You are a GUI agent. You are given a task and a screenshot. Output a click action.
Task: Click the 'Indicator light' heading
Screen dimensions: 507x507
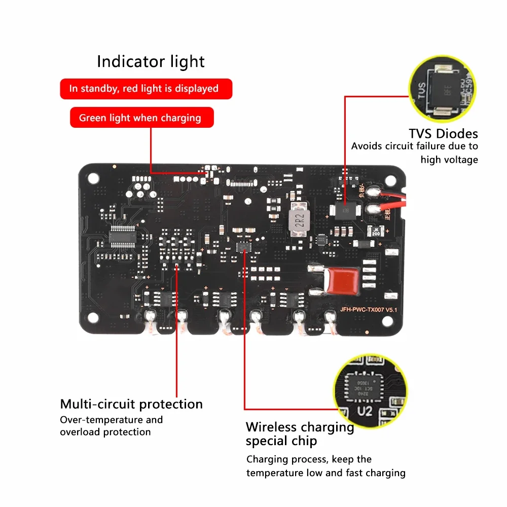(x=151, y=62)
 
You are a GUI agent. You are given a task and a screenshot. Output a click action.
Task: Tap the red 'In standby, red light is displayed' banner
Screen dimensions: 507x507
(x=146, y=89)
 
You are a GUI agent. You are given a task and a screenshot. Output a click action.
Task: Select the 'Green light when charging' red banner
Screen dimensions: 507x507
(x=141, y=118)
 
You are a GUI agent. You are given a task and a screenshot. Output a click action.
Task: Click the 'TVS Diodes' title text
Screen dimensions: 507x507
(x=443, y=134)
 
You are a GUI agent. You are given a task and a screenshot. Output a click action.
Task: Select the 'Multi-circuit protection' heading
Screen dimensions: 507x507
(x=131, y=404)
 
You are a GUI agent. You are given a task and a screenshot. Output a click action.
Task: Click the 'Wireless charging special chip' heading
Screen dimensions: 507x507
(x=300, y=433)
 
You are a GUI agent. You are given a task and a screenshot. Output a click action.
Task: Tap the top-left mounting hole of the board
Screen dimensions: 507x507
(x=92, y=178)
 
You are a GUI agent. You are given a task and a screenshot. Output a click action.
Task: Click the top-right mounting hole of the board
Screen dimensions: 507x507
(x=389, y=178)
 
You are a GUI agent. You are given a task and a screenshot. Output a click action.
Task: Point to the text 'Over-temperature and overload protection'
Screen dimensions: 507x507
(x=111, y=426)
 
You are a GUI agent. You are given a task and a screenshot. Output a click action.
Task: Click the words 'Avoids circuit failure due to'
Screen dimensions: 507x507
(x=414, y=147)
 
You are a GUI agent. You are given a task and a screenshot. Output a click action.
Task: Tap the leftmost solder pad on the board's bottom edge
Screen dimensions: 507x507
(x=150, y=317)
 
